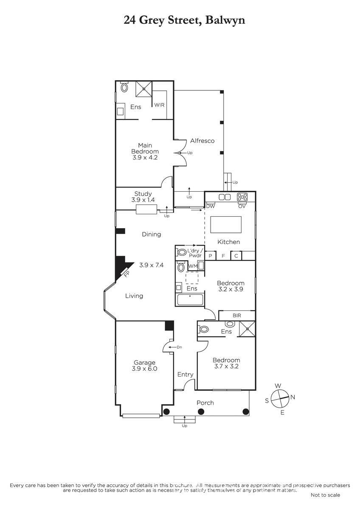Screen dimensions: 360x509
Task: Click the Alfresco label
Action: coord(202,141)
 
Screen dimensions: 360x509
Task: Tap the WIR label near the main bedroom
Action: coord(159,105)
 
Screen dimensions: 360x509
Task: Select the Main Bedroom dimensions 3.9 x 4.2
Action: coord(145,157)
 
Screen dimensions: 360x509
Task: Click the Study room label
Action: coord(143,194)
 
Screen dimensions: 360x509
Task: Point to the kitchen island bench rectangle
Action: coord(225,225)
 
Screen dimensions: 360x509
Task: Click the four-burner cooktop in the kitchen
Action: coord(242,197)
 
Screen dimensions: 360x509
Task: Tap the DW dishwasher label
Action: coord(210,207)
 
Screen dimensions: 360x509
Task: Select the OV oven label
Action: coord(242,207)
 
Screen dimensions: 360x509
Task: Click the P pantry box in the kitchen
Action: coord(211,256)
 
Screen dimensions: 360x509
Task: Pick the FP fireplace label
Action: coord(127,274)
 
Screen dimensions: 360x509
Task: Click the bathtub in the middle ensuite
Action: coord(190,300)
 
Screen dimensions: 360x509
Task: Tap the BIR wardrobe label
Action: coord(237,316)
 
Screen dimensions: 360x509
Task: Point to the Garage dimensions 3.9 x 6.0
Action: coord(144,369)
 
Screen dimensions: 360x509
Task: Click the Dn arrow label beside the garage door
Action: coord(180,347)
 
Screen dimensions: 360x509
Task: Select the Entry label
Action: coord(186,375)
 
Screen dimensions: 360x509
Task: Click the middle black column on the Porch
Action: coord(201,411)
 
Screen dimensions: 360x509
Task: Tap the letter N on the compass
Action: coord(292,397)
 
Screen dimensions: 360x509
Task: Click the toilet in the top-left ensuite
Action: coord(124,87)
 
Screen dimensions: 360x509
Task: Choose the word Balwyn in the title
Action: coord(225,20)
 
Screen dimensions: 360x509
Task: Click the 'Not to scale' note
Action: coord(325,495)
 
